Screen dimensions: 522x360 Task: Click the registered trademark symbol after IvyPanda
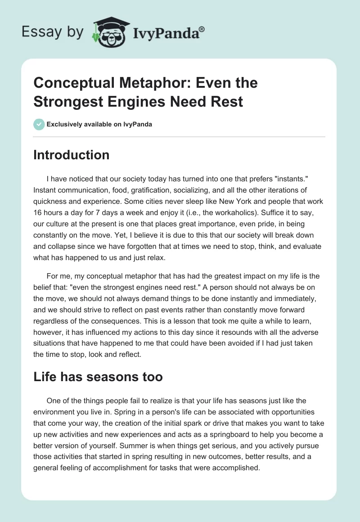point(202,29)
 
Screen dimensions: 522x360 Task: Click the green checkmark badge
point(39,124)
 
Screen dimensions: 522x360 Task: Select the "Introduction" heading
point(72,155)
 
